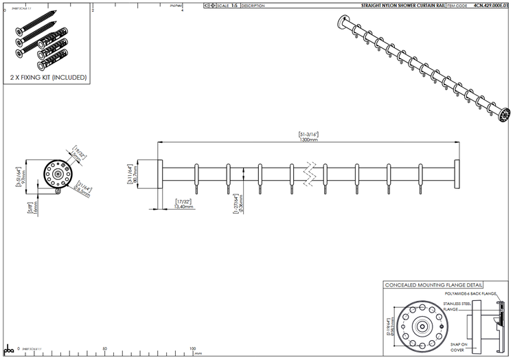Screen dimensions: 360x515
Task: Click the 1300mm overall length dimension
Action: pos(308,139)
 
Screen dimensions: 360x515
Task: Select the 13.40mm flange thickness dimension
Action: pos(185,205)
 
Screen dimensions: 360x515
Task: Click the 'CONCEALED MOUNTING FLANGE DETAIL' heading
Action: pos(433,284)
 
